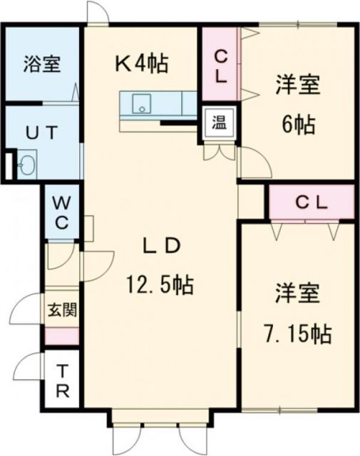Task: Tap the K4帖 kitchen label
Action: (142, 64)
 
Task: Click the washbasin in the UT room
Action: (27, 165)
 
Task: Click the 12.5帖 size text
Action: (158, 286)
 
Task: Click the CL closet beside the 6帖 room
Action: (220, 64)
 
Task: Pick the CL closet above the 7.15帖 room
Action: (311, 202)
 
